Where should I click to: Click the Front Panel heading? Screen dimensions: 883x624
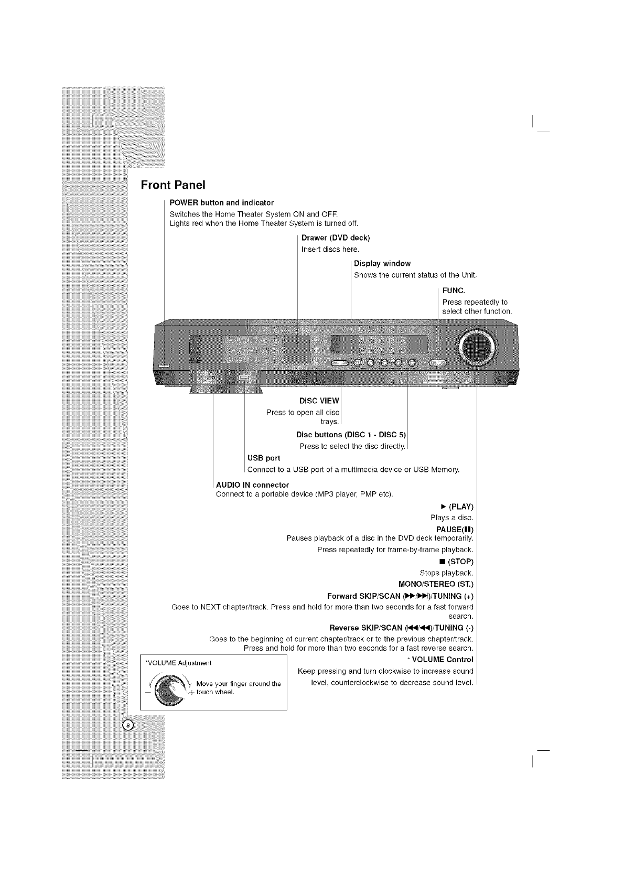click(x=173, y=185)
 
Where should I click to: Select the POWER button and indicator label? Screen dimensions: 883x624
click(x=221, y=202)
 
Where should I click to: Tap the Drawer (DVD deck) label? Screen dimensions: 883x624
click(x=336, y=238)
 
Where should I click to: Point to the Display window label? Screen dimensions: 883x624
click(x=382, y=263)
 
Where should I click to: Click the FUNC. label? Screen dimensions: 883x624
click(x=454, y=290)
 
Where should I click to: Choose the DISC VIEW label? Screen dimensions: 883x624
click(x=319, y=401)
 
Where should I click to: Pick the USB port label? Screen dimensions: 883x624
click(x=263, y=458)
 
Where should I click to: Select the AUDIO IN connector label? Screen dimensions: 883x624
click(x=252, y=484)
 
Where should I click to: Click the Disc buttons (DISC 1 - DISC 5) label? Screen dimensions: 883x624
click(x=351, y=435)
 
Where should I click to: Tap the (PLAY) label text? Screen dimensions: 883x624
click(x=461, y=507)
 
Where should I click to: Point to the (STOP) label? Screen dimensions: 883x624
click(x=461, y=562)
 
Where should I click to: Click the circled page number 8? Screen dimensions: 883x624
click(x=128, y=726)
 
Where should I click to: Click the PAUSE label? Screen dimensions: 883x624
click(x=455, y=529)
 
